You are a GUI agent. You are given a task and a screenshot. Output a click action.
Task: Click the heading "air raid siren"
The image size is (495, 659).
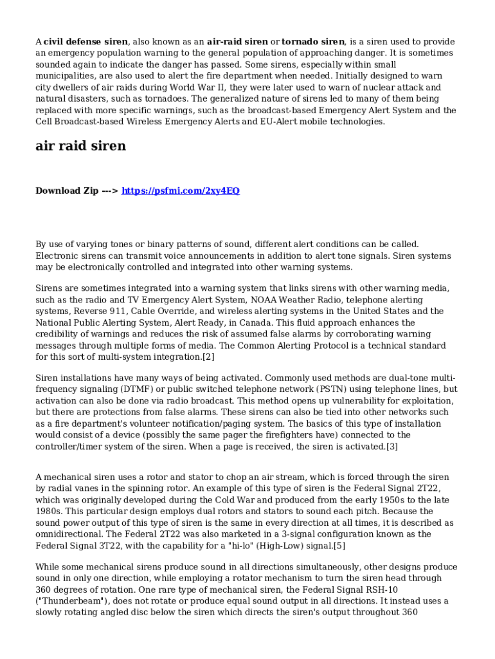[80, 146]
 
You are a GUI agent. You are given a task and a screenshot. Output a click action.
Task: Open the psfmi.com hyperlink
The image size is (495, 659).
[181, 190]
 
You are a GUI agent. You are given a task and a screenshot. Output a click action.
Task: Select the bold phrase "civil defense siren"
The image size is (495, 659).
[86, 41]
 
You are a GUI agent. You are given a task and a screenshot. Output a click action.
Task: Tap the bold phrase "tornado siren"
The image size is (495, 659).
[312, 41]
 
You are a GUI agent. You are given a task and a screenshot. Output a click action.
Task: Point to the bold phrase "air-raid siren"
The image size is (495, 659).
[238, 41]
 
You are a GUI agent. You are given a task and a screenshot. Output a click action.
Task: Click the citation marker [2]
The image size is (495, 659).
[208, 357]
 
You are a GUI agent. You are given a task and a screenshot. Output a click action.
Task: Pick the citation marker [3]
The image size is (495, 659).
[392, 447]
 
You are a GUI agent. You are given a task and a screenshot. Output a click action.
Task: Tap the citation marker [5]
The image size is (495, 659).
[339, 546]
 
